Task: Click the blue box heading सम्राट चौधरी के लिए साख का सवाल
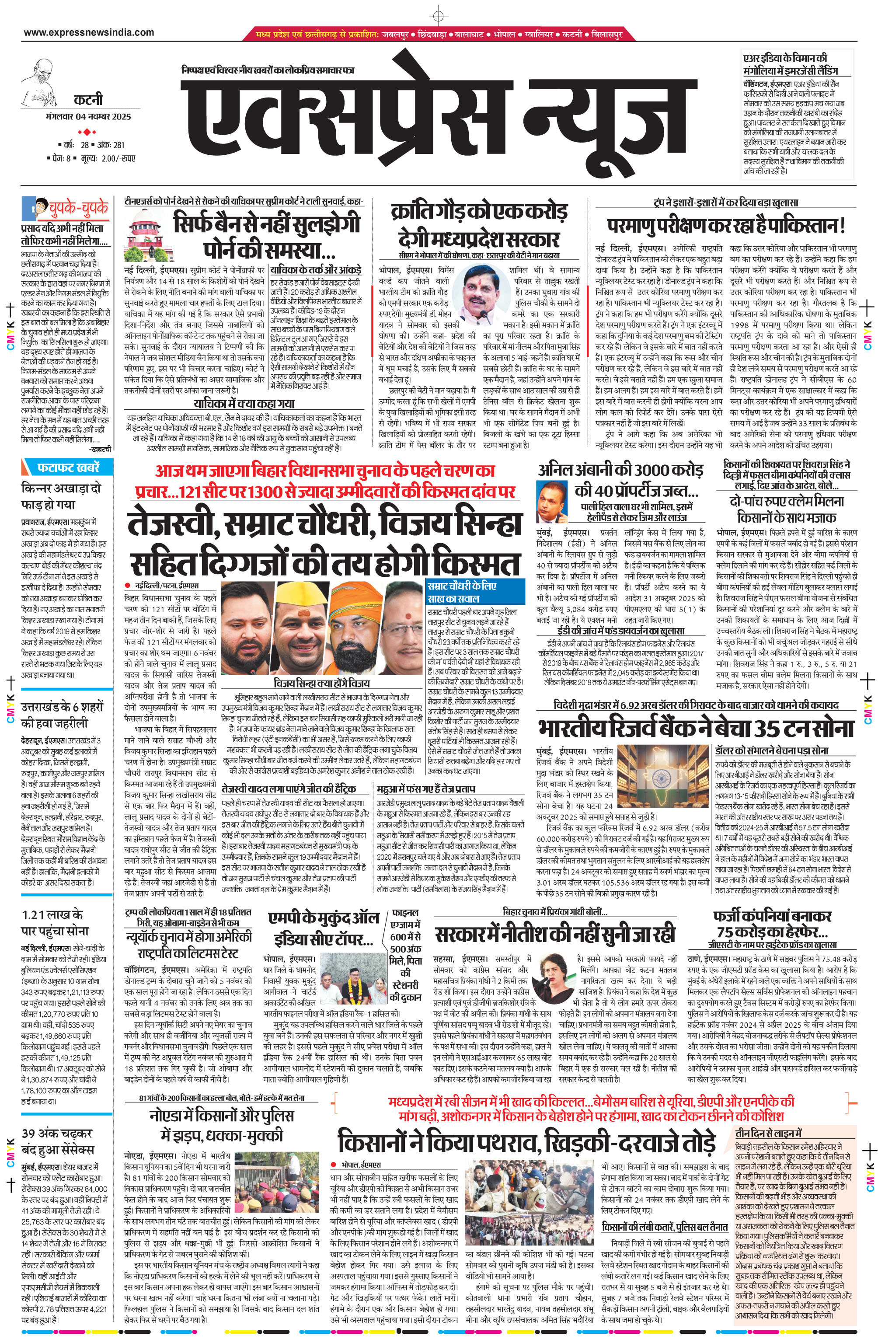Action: [474, 591]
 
